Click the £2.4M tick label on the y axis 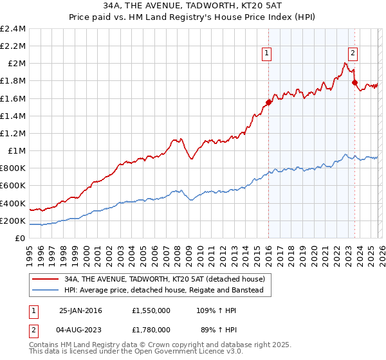tap(14, 29)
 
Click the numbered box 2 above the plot tap(353, 55)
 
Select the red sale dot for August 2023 tap(354, 82)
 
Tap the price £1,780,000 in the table tap(151, 331)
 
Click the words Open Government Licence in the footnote tap(174, 353)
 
